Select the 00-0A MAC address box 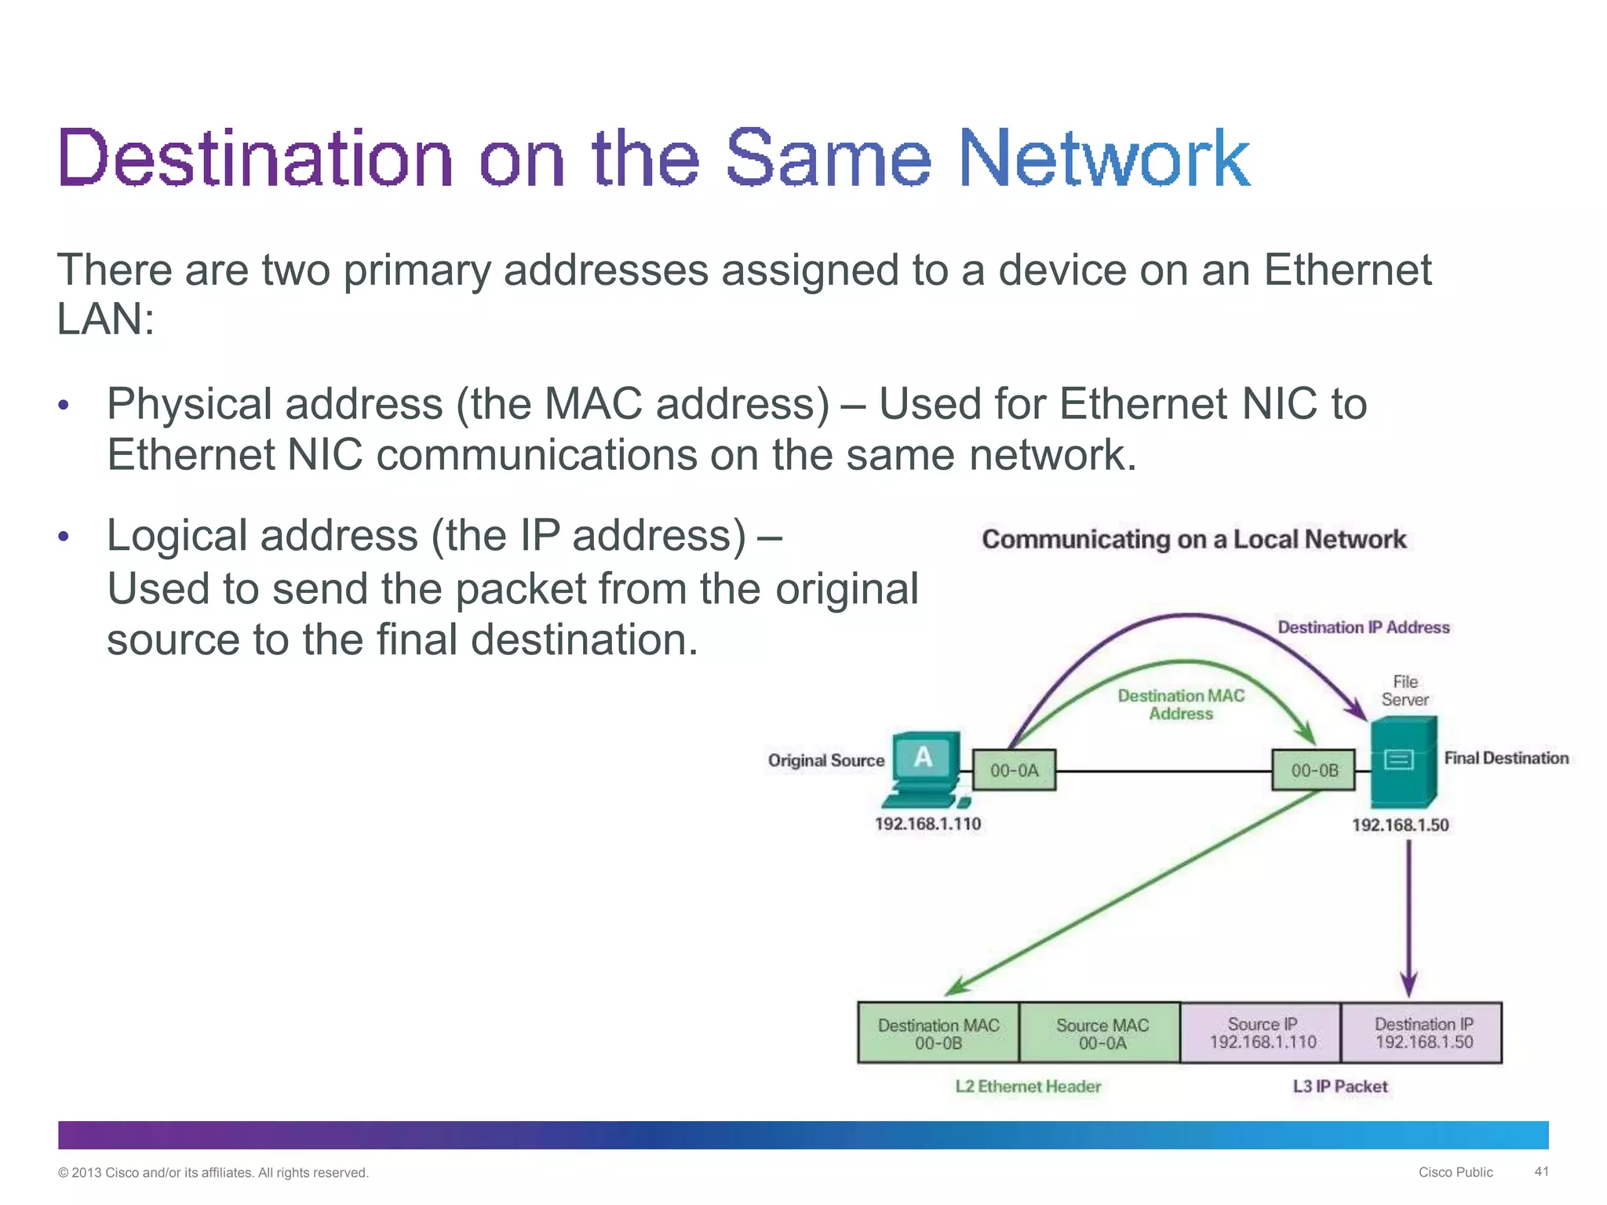point(1014,770)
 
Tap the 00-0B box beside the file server point(1314,770)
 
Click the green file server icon point(1404,763)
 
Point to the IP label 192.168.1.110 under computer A point(927,824)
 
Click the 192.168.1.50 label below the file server point(1400,825)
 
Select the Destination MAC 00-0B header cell point(938,1033)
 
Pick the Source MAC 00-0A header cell point(1102,1033)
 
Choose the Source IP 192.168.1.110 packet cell point(1263,1032)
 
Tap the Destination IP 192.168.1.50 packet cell point(1423,1032)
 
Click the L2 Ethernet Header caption point(1028,1087)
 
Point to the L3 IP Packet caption point(1340,1087)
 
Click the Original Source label point(825,760)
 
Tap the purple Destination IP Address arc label point(1363,627)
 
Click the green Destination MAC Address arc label point(1181,704)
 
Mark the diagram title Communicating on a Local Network point(1193,539)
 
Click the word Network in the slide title point(1103,158)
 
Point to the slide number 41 point(1542,1171)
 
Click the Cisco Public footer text point(1456,1172)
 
